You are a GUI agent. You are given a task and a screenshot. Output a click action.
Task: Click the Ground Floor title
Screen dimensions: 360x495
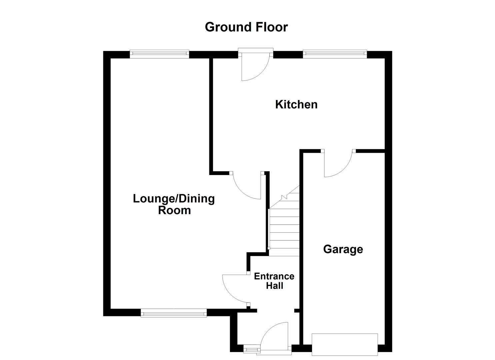(x=246, y=27)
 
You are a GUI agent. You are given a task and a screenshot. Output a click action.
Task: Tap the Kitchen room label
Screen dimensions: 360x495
(x=296, y=104)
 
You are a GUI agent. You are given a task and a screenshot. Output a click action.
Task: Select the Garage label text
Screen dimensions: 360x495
(x=343, y=249)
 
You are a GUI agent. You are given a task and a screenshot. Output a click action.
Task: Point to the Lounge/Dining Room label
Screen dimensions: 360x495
(x=174, y=204)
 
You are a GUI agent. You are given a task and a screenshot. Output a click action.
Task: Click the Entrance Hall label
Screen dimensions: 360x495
(x=274, y=281)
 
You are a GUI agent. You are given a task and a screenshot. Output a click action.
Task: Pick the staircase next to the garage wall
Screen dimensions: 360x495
(x=284, y=227)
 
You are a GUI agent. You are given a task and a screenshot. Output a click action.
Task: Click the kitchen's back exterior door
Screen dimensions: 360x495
(x=255, y=67)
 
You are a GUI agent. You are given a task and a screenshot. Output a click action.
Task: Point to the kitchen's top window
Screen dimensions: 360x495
(x=335, y=54)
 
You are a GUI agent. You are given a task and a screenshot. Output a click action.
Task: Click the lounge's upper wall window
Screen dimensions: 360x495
(x=159, y=54)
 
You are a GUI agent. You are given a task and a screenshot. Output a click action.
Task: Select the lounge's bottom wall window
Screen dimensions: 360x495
(x=174, y=313)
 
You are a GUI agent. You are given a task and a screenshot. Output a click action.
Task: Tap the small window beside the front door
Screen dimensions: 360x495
(x=251, y=349)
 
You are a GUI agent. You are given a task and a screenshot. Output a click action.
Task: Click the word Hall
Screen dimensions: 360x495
(x=275, y=286)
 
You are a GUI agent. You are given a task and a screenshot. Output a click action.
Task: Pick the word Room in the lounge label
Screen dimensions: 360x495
(x=174, y=210)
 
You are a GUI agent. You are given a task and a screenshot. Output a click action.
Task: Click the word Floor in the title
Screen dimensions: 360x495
(x=272, y=27)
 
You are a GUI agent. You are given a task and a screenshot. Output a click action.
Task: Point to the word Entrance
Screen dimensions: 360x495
(x=274, y=276)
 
